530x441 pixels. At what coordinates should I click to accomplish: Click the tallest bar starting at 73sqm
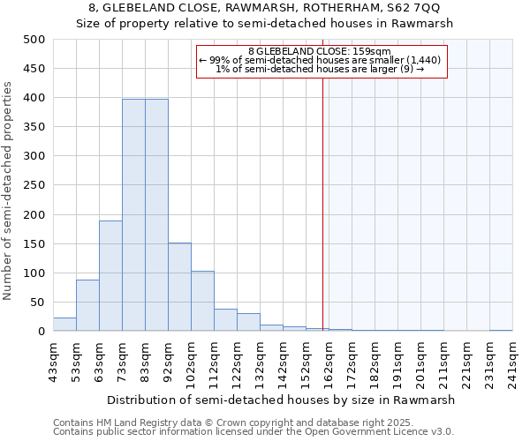click(x=133, y=215)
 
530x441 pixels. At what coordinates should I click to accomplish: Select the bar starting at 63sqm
click(x=110, y=275)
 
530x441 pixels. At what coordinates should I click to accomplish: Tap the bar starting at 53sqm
click(x=87, y=305)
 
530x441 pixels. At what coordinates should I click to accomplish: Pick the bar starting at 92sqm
click(x=179, y=287)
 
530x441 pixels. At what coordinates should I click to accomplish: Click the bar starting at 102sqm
click(x=202, y=301)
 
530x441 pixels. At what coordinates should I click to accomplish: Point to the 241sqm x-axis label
click(x=512, y=363)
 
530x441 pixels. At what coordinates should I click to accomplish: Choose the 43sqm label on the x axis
click(x=53, y=363)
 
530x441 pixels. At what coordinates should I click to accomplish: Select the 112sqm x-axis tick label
click(x=214, y=363)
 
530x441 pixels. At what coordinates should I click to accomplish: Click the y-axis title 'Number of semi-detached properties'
click(x=9, y=191)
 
